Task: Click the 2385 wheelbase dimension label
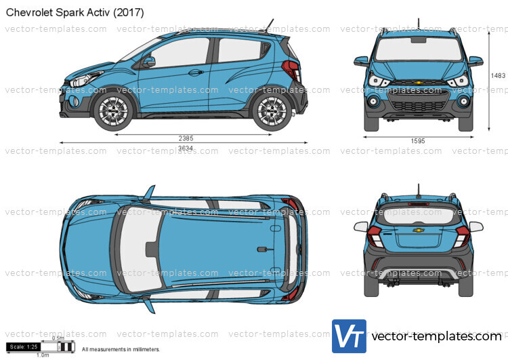click(x=186, y=138)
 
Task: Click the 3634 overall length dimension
click(x=186, y=148)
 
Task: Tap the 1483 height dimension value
click(x=498, y=75)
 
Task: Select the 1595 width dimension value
click(x=418, y=141)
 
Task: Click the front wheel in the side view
click(x=113, y=111)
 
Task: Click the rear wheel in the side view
click(x=272, y=111)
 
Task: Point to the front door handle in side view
click(x=195, y=73)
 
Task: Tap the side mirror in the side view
click(x=148, y=62)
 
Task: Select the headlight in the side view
click(x=85, y=79)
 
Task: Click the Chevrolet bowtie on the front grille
click(x=419, y=83)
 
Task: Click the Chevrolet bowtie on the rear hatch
click(x=419, y=231)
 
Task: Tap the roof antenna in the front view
click(x=419, y=23)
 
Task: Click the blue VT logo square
click(x=349, y=336)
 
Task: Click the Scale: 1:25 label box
click(x=23, y=346)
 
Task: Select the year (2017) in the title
click(x=129, y=12)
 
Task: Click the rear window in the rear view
click(x=419, y=216)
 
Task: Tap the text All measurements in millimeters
click(x=121, y=349)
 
